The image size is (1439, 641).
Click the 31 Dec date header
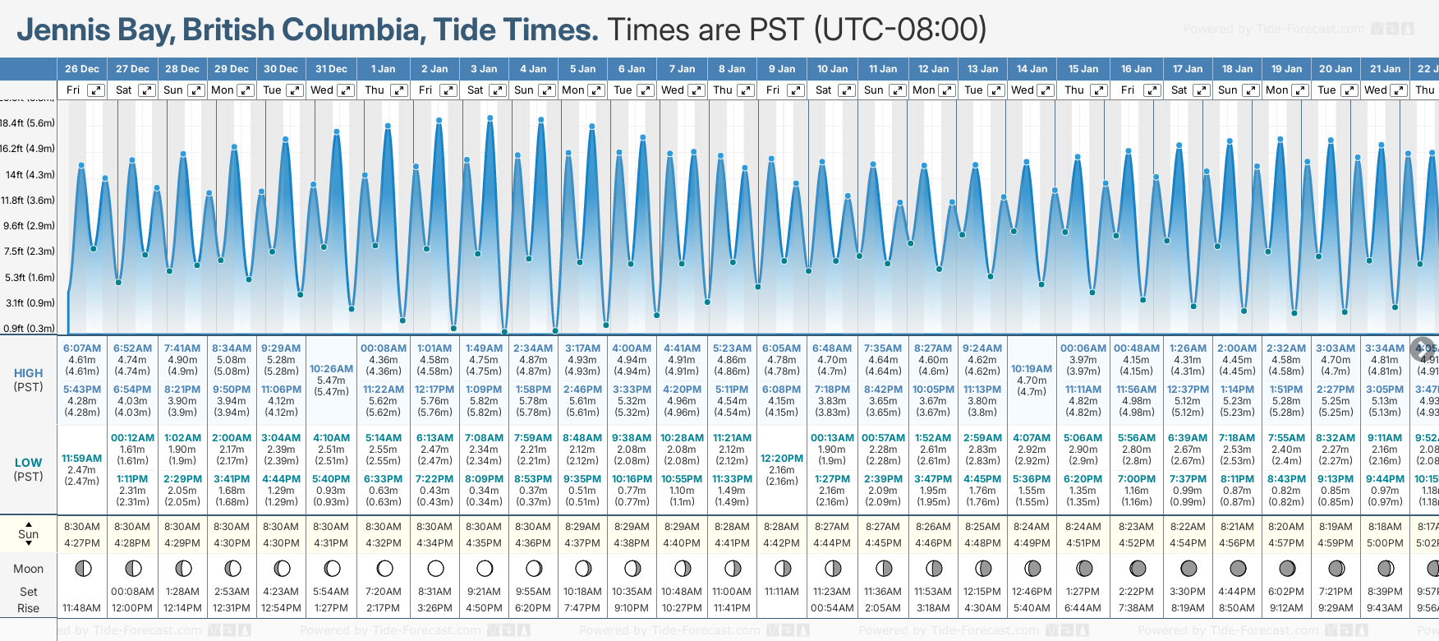pos(331,69)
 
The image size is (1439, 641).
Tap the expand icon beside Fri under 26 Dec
pos(96,90)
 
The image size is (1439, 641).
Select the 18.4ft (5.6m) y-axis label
pos(28,123)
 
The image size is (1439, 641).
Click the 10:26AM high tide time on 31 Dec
pos(331,369)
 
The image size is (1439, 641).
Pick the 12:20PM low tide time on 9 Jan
pos(782,459)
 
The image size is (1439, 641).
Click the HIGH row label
pos(28,373)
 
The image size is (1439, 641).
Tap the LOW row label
pos(28,463)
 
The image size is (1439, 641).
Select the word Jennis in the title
pos(63,30)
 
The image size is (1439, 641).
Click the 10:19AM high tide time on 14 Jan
pos(1032,369)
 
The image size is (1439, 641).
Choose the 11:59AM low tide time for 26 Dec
pos(82,459)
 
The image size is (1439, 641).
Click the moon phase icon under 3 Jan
pos(485,569)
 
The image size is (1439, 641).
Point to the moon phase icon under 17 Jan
pos(1188,569)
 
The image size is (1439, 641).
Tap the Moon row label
pos(28,569)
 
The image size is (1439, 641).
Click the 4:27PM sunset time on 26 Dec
pos(82,543)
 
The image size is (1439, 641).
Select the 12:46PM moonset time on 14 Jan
pos(1032,592)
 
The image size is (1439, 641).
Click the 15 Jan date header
pos(1083,69)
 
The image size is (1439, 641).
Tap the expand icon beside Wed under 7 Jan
pos(696,90)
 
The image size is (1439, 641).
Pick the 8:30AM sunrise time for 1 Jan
pos(383,527)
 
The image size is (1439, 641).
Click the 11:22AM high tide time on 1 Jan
pos(383,390)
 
